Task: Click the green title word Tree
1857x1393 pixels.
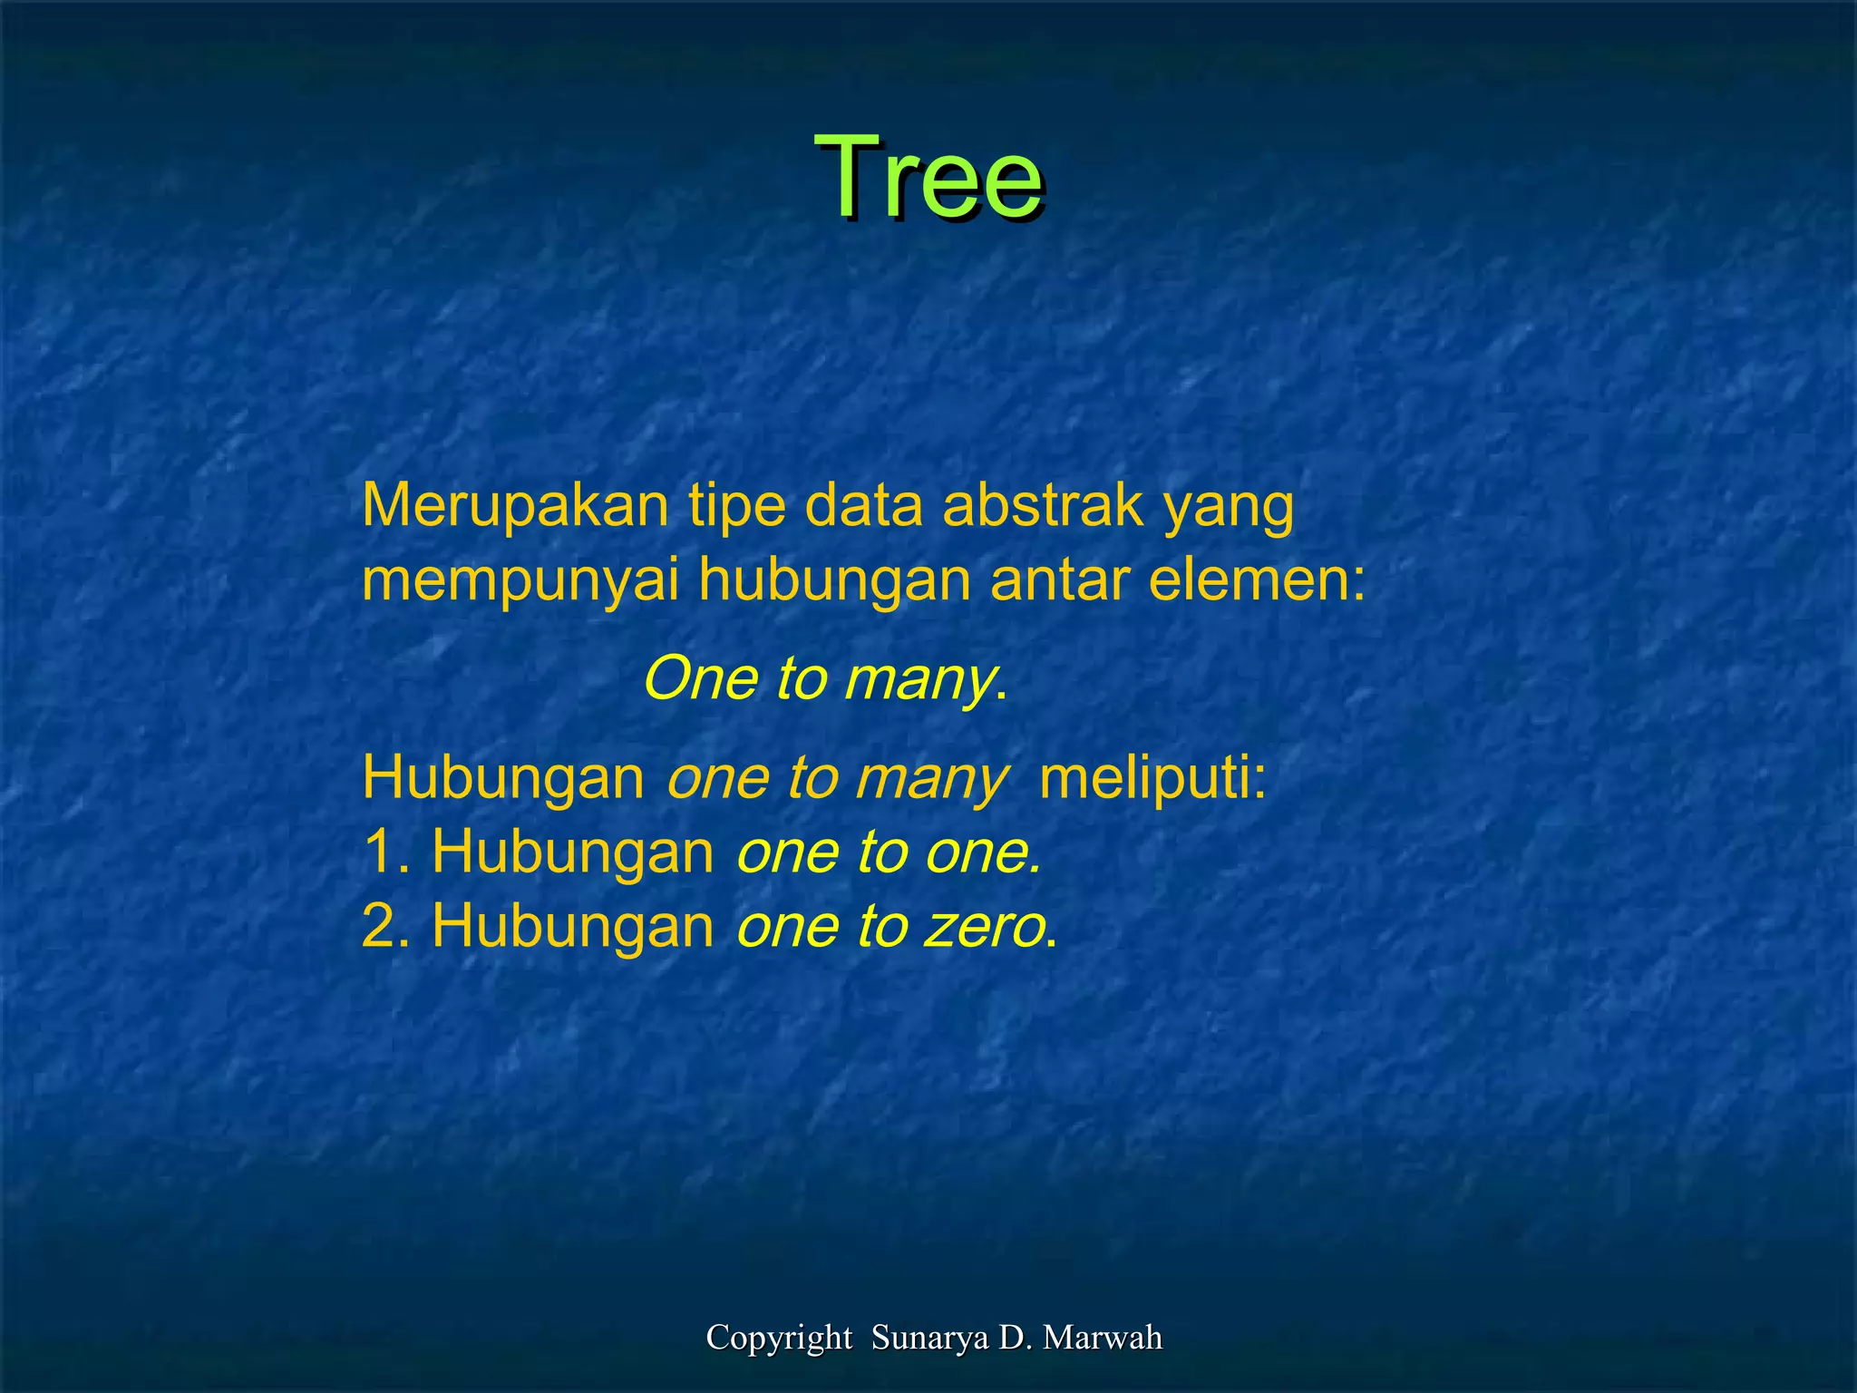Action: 928,176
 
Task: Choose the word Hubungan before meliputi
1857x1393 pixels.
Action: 503,778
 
